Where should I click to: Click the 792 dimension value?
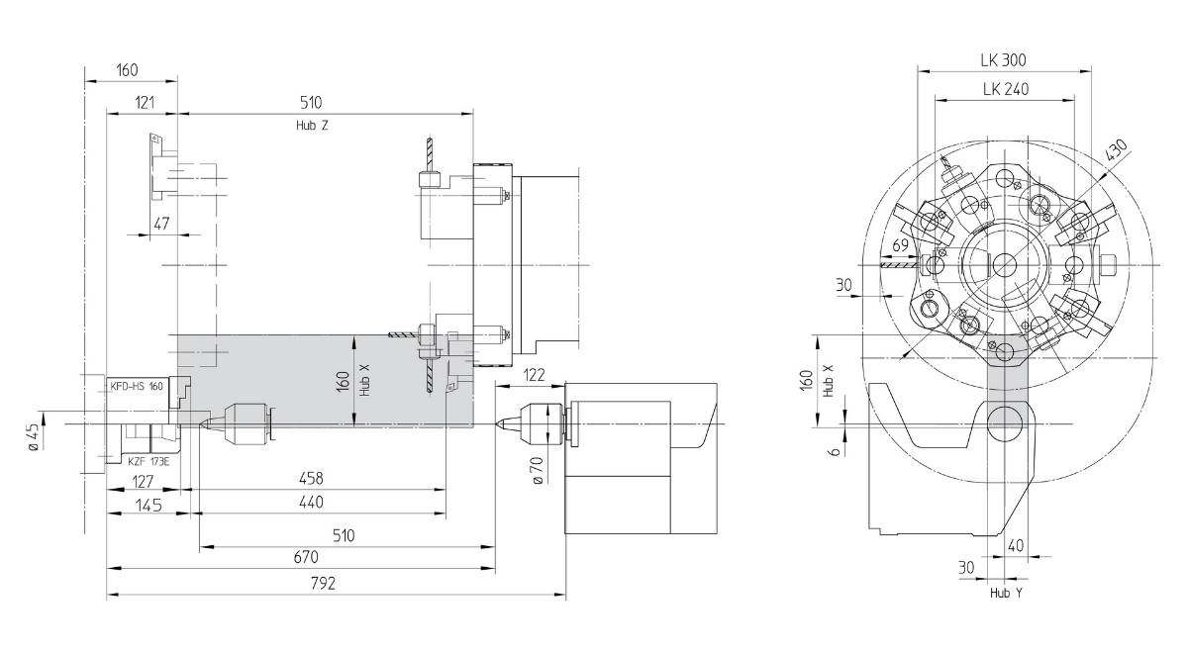323,584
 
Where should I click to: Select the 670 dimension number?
306,557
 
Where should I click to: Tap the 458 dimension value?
311,479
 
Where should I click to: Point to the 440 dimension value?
311,502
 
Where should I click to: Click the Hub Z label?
312,126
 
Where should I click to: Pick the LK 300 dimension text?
1004,60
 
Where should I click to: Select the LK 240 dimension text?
1006,89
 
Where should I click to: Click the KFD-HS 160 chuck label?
137,387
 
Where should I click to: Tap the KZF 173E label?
148,462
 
